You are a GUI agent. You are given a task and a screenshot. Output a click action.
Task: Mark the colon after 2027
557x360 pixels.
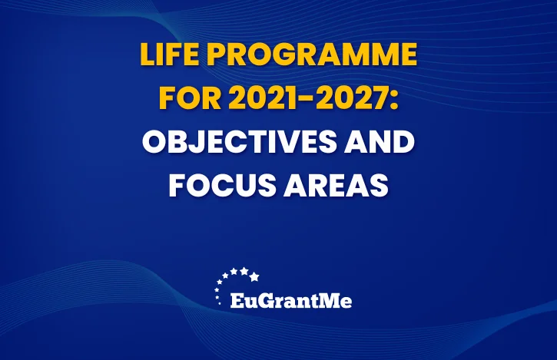click(393, 101)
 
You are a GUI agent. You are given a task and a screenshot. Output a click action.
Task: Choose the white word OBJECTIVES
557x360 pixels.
click(239, 141)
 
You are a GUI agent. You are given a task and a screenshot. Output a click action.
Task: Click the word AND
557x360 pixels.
click(380, 141)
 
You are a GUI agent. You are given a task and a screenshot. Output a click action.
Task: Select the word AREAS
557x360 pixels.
click(336, 185)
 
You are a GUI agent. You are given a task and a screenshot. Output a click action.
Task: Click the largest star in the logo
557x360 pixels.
click(254, 276)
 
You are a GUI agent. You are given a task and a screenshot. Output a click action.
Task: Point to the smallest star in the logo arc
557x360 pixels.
click(219, 303)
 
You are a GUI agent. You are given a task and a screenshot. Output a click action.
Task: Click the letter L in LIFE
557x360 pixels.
click(148, 54)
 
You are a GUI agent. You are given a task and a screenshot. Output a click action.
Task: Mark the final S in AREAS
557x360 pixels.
click(380, 185)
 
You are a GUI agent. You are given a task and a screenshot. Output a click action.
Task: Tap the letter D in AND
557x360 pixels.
click(404, 141)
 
